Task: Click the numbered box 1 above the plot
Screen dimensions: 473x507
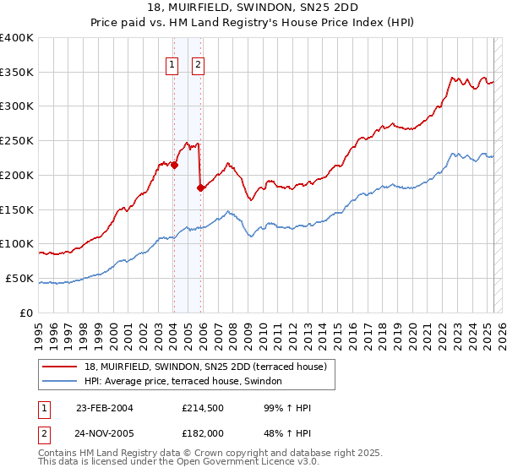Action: point(172,63)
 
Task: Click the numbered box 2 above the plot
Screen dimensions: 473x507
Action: point(199,63)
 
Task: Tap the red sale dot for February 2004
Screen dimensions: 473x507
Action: point(174,166)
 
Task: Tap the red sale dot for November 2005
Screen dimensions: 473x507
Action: point(200,188)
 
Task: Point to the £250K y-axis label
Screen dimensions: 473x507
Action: point(17,141)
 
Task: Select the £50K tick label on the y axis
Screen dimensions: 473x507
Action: point(19,278)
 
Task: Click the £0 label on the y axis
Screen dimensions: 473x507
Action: point(27,313)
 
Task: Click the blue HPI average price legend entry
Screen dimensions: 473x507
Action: point(188,382)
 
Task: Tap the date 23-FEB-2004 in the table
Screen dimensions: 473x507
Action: point(105,408)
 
